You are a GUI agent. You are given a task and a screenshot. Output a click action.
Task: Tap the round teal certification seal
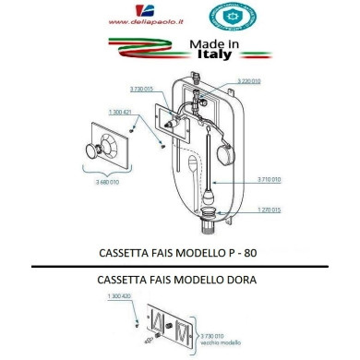pos(219,17)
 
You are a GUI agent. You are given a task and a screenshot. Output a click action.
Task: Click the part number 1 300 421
pos(121,112)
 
